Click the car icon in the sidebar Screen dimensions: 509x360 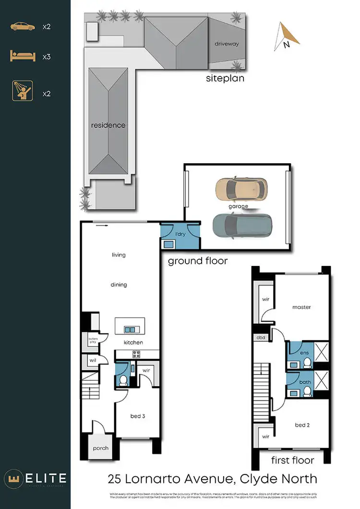pos(23,26)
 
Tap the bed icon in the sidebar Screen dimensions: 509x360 pos(23,57)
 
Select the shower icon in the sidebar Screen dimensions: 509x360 pos(23,91)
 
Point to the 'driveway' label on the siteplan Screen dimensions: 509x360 pos(227,44)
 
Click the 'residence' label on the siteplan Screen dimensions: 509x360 pos(108,125)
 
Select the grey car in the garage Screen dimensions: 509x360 pos(242,225)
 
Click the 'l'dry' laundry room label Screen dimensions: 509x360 pos(180,234)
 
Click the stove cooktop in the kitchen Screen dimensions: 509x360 pos(136,354)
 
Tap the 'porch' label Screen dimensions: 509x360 pos(101,448)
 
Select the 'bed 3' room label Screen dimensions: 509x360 pos(138,416)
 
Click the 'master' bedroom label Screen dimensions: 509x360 pos(301,307)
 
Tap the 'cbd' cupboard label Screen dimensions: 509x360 pos(261,338)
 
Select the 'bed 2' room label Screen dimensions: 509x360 pos(301,425)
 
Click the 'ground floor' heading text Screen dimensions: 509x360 pos(197,261)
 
